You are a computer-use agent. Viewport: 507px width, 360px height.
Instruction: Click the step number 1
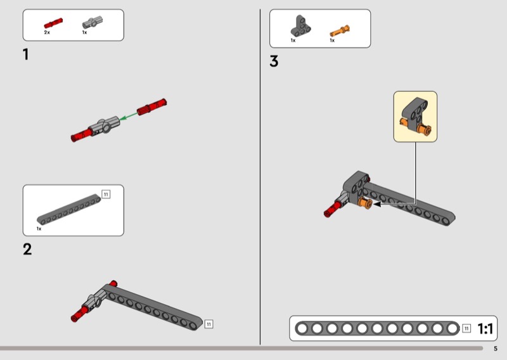click(x=26, y=55)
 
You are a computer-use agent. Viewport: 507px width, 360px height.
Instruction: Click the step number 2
click(x=27, y=249)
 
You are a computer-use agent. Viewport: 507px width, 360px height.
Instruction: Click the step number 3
click(x=274, y=61)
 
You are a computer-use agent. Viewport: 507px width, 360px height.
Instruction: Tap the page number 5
click(x=496, y=349)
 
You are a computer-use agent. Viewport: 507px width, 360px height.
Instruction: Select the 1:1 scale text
click(x=485, y=328)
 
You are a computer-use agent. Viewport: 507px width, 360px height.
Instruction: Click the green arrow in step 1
click(x=129, y=116)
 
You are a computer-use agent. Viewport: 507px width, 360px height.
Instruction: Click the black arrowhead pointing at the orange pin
click(x=377, y=204)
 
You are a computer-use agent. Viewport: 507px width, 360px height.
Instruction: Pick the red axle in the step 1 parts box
click(x=53, y=23)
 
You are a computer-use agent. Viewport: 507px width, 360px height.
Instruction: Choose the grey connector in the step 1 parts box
click(x=93, y=22)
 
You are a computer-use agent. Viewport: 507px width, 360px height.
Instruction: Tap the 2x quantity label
click(x=47, y=32)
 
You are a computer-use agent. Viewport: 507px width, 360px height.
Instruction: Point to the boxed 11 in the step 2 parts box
click(x=106, y=194)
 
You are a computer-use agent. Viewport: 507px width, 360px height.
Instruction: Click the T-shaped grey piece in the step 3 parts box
click(x=300, y=26)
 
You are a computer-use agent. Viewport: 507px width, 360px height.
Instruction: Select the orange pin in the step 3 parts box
click(x=340, y=31)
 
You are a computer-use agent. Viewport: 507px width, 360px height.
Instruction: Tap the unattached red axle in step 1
click(x=151, y=107)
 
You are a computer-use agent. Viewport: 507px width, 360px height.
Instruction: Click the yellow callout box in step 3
click(x=415, y=117)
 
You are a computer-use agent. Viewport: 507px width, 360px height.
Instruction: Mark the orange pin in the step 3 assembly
click(x=366, y=203)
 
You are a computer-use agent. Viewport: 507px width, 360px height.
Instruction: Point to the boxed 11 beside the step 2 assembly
click(x=209, y=324)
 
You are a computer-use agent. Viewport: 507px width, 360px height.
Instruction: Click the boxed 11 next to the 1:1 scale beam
click(x=466, y=328)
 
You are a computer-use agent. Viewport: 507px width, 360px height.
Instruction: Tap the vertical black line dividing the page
click(x=260, y=177)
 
